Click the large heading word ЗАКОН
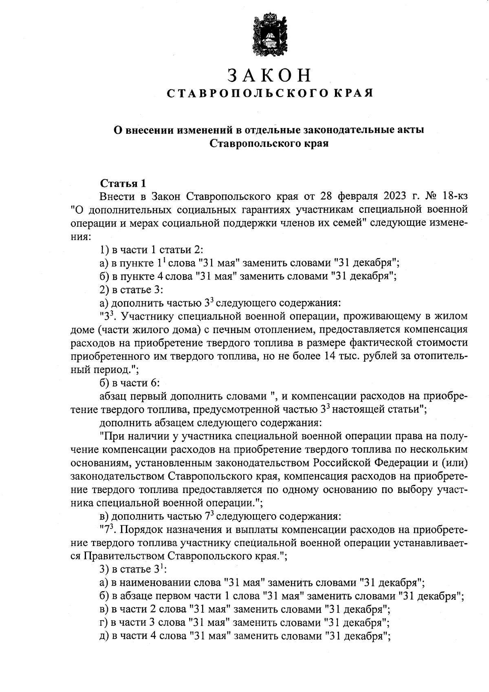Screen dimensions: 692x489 click(269, 76)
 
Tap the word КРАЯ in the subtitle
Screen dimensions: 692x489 click(353, 94)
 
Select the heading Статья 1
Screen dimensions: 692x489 click(123, 183)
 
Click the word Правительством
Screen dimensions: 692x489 click(124, 556)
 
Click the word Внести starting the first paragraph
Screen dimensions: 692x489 click(117, 196)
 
